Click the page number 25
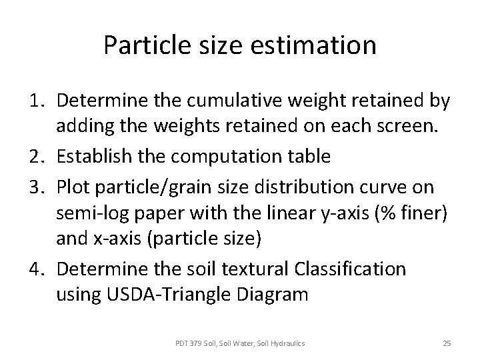[447, 343]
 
